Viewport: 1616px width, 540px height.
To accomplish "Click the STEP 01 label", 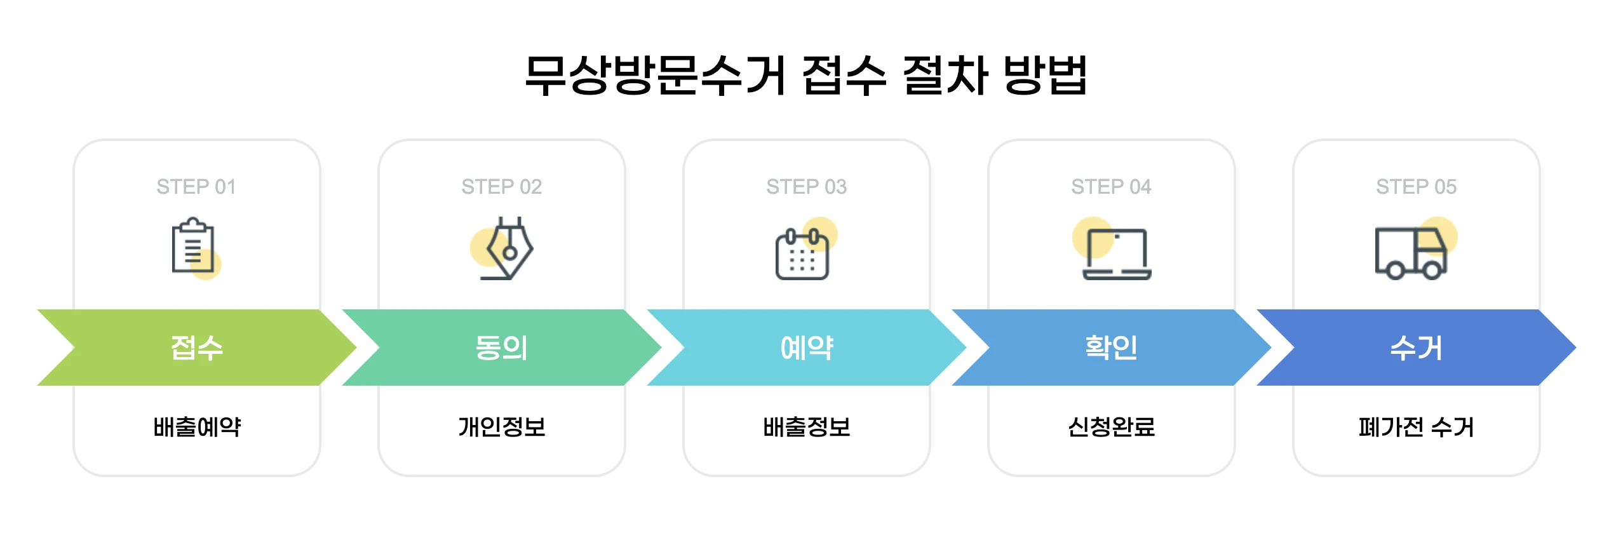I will tap(196, 187).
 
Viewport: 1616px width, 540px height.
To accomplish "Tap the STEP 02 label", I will tap(501, 187).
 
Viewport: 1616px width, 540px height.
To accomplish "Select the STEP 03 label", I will tap(806, 187).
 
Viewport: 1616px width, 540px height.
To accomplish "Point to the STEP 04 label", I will tap(1111, 187).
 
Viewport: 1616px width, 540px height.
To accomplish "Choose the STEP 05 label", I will tap(1416, 187).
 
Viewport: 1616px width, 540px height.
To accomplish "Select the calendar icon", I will tap(803, 253).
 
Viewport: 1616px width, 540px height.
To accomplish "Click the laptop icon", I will tap(1116, 253).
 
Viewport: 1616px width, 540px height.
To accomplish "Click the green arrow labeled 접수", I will tap(197, 348).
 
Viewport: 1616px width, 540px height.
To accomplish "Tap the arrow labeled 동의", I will tap(501, 348).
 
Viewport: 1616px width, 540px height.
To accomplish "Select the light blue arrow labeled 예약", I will tap(806, 348).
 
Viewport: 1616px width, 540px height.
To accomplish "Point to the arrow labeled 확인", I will tap(1111, 348).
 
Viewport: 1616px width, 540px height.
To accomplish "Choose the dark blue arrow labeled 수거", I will tap(1416, 348).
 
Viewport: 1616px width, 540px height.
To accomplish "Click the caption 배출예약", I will tap(197, 427).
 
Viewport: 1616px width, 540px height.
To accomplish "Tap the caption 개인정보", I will tap(502, 427).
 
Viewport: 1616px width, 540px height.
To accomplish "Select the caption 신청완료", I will tap(1111, 427).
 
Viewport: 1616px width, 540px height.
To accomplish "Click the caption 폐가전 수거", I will tap(1416, 427).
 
